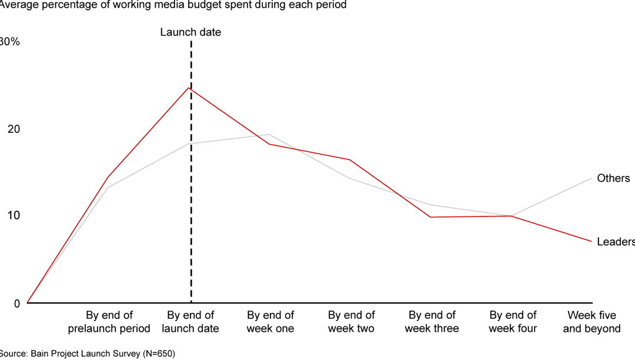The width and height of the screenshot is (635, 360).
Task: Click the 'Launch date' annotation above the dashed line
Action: (190, 32)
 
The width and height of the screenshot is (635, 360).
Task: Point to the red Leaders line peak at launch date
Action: (189, 88)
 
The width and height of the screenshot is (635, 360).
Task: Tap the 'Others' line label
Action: (613, 178)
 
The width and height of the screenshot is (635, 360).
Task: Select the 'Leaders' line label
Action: (614, 242)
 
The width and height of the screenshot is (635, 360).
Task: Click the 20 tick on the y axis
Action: (14, 129)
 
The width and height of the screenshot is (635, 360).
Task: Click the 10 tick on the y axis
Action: (14, 215)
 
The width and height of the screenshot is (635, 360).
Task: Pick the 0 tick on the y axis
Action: (16, 304)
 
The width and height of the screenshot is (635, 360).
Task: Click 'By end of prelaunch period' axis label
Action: (109, 322)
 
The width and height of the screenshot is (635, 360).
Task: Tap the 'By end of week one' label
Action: (270, 322)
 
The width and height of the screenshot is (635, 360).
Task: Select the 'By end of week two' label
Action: (351, 322)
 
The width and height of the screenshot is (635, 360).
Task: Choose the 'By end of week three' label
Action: (432, 322)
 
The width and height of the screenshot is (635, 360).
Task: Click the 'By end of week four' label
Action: (513, 322)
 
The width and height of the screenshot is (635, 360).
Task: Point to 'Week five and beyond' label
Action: (591, 322)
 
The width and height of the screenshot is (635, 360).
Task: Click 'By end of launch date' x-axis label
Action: (190, 322)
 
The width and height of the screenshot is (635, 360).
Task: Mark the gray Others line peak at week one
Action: (269, 134)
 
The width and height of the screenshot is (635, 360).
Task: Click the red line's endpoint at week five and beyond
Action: (591, 241)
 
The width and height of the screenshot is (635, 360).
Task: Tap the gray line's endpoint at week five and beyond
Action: (591, 178)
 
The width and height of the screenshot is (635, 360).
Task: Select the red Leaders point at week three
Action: (432, 217)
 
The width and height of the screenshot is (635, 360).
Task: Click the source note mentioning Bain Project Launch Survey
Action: (87, 354)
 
